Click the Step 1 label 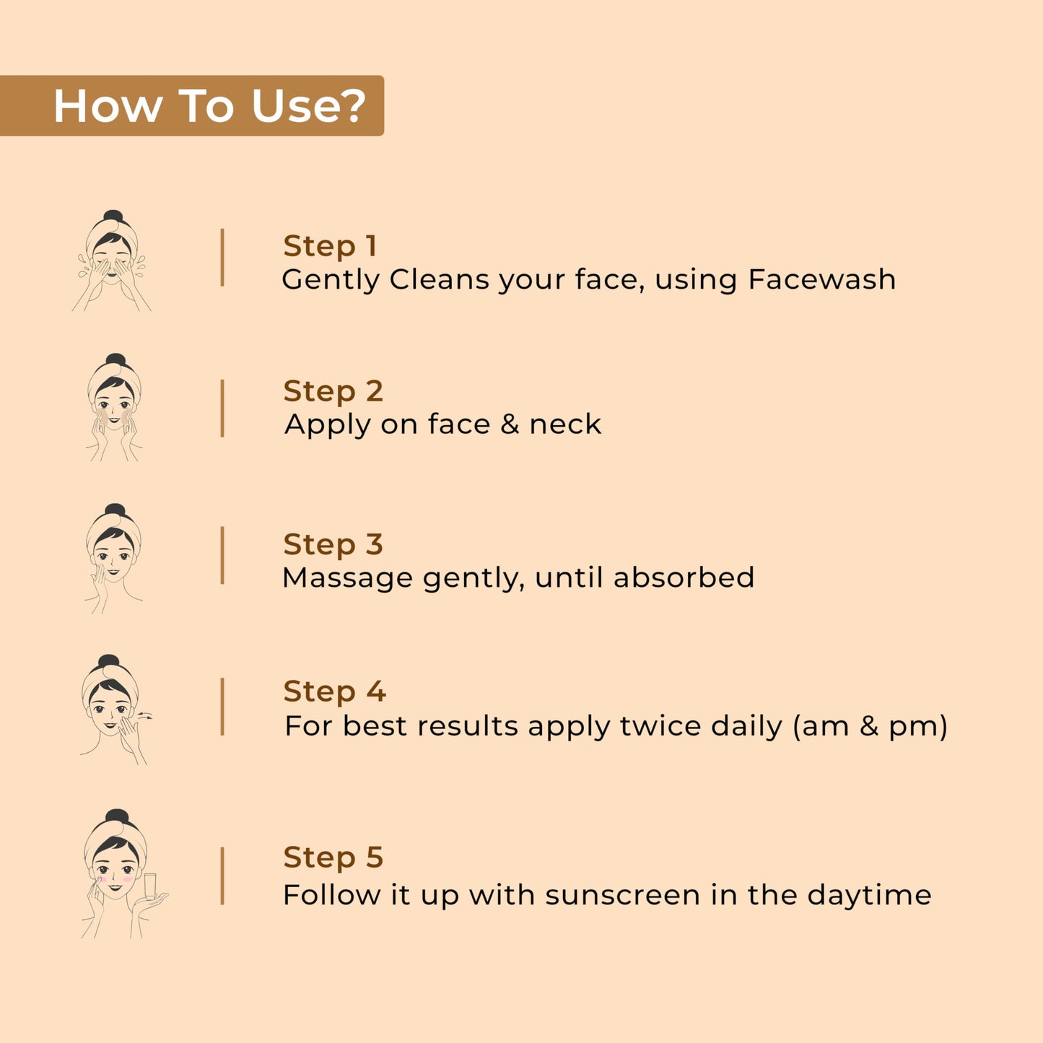pos(330,245)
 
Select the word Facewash pos(822,280)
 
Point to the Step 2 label pos(333,390)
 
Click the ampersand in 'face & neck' pos(510,424)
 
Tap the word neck pos(565,424)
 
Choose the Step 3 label pos(333,544)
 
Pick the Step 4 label pos(334,691)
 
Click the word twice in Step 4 pos(660,726)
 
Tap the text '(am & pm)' pos(870,726)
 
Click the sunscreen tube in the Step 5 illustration pos(150,886)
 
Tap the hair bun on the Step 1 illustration pos(113,216)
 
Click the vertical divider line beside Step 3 pos(222,556)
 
